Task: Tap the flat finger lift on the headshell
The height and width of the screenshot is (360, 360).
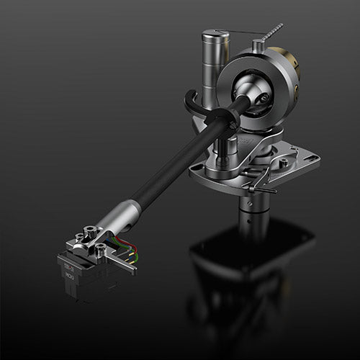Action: point(127,267)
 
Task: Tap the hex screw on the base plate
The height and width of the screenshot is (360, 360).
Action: point(285,163)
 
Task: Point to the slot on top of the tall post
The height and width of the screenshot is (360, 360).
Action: point(215,33)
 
